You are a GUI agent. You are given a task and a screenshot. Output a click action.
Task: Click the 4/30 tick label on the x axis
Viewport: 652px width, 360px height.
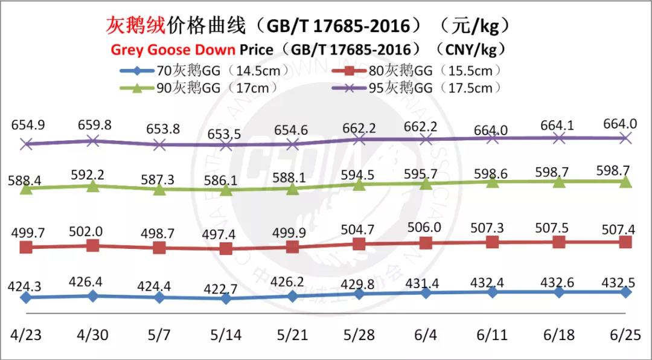point(92,336)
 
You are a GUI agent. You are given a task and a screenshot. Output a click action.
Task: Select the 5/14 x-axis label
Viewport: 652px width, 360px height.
point(226,336)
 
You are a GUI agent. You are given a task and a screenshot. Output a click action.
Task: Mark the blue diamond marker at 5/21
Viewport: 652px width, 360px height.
point(292,296)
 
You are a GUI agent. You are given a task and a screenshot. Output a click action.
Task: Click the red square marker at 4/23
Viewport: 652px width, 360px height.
point(26,247)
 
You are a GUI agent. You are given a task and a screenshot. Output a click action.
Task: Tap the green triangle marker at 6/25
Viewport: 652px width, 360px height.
point(625,181)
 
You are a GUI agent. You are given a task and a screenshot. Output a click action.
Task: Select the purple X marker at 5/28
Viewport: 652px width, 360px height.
point(359,140)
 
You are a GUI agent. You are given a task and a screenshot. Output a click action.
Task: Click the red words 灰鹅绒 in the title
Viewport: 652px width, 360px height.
point(135,25)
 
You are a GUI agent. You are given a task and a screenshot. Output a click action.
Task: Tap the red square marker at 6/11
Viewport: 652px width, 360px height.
point(493,242)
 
